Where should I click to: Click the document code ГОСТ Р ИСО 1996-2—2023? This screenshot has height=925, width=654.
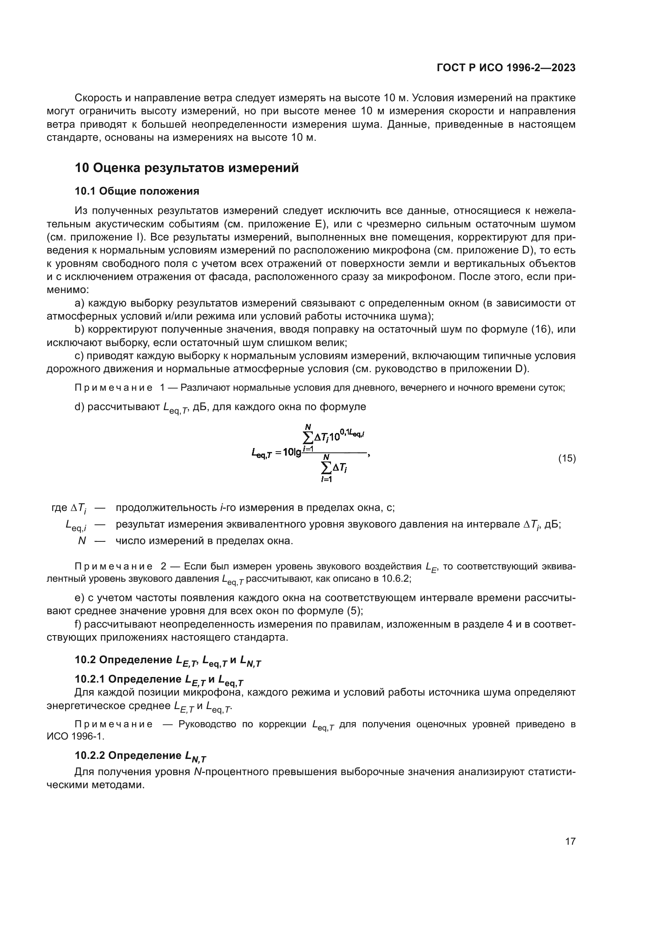click(506, 68)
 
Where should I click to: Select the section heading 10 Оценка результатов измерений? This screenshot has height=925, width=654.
click(187, 168)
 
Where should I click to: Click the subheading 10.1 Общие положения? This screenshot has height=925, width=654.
click(137, 191)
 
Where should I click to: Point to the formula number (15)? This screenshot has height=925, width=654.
click(567, 458)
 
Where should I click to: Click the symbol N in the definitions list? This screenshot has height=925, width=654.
click(82, 541)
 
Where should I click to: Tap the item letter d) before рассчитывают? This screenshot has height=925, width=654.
click(79, 407)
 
